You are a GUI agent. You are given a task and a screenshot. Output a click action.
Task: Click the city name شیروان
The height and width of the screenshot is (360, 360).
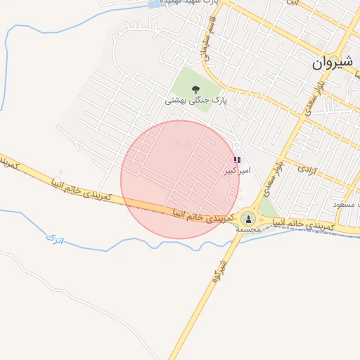(335, 63)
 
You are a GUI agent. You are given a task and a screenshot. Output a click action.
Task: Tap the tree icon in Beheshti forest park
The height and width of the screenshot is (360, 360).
(195, 89)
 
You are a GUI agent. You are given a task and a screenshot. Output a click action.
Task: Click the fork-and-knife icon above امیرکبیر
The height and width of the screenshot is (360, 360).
(237, 161)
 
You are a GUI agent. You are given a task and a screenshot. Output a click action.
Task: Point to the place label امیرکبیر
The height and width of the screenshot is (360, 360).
(236, 171)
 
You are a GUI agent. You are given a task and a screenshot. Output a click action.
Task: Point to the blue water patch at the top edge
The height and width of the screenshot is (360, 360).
(153, 5)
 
